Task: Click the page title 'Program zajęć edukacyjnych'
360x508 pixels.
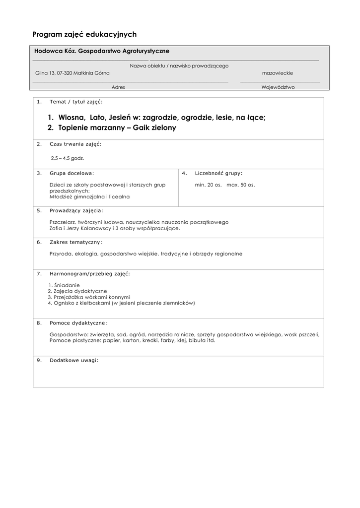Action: [84, 34]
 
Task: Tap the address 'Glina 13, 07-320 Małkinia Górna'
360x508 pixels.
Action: [72, 73]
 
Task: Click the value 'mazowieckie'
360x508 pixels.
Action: [277, 73]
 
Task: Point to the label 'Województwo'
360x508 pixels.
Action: [278, 87]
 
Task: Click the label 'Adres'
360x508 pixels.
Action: [118, 87]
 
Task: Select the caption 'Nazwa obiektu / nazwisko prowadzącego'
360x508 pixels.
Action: [179, 65]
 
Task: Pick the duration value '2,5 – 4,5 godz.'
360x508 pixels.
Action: [68, 158]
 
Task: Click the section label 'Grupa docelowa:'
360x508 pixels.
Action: [72, 173]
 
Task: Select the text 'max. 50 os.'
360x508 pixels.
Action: [241, 185]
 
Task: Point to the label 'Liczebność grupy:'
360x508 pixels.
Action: [218, 173]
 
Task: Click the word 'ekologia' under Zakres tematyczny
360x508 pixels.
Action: [85, 254]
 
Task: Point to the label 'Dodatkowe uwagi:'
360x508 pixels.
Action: [74, 360]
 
